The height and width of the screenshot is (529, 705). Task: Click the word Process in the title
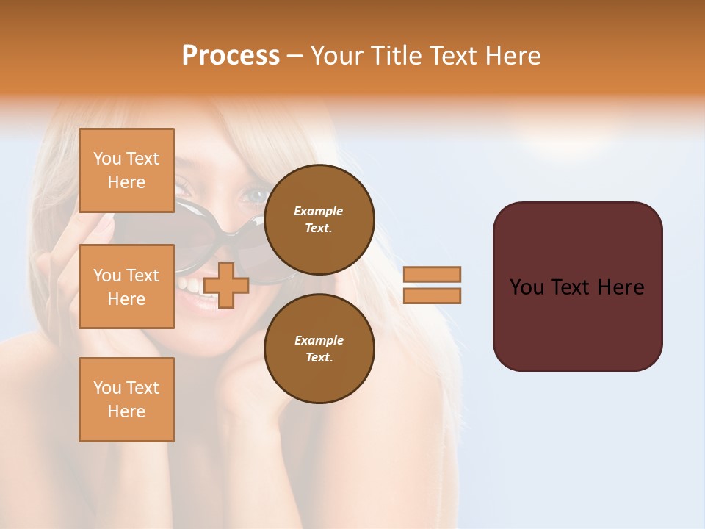tap(231, 56)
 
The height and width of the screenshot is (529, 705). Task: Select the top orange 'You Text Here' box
tap(126, 170)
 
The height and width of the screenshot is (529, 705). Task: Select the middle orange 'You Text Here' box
tap(126, 287)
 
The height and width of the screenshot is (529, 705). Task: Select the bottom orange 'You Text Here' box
tap(126, 400)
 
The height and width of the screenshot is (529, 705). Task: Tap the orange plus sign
tap(226, 285)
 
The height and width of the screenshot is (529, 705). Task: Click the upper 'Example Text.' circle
tap(319, 219)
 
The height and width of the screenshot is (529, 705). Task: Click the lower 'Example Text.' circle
tap(319, 348)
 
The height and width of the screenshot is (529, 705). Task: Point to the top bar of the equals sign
tap(432, 274)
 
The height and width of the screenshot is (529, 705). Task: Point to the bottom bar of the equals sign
tap(432, 295)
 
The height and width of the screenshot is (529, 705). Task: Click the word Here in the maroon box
tap(621, 287)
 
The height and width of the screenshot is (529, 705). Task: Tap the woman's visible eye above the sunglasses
tap(256, 196)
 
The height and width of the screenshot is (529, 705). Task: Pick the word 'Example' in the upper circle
tap(319, 211)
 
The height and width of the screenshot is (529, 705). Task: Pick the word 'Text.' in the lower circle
tap(319, 357)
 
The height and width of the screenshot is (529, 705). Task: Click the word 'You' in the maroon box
tap(527, 287)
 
